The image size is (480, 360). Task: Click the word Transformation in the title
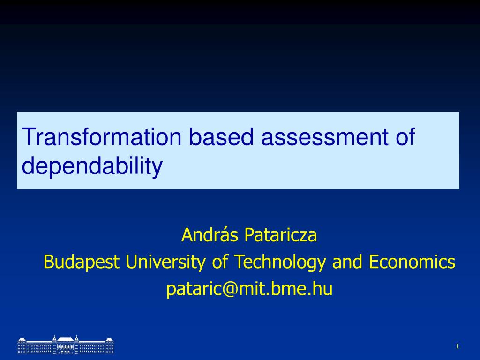102,136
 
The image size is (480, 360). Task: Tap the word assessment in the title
325,136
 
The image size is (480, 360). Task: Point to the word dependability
92,166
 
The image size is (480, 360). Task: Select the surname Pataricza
281,235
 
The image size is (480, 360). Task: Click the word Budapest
82,262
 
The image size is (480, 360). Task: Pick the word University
165,262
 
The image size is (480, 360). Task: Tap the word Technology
280,262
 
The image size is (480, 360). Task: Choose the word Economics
412,262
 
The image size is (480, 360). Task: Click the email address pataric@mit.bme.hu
249,289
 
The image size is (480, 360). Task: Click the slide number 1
457,346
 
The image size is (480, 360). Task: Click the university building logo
66,345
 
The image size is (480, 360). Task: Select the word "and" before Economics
347,262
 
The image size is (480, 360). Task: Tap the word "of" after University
220,262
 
